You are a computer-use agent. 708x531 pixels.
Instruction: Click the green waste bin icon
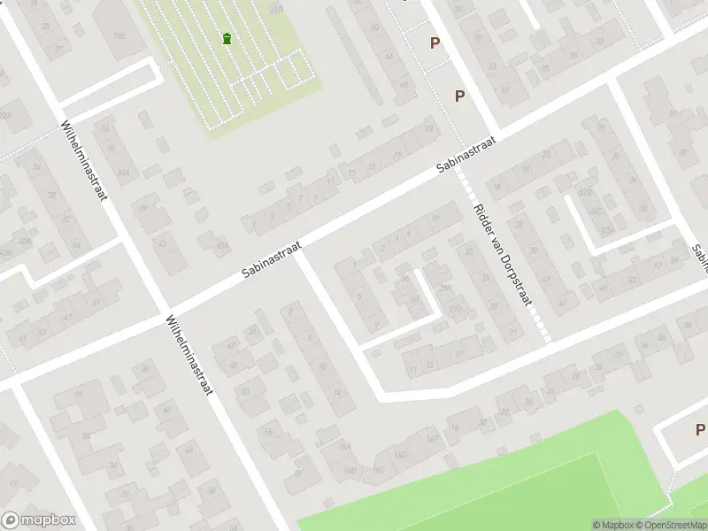[x=227, y=38]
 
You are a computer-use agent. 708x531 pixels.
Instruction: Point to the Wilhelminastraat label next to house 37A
[x=85, y=161]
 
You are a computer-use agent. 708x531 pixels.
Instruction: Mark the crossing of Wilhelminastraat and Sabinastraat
[x=164, y=313]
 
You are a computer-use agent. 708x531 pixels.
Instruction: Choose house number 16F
[x=432, y=439]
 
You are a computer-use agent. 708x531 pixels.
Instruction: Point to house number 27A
[x=456, y=308]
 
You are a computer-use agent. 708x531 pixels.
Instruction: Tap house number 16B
[x=351, y=470]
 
